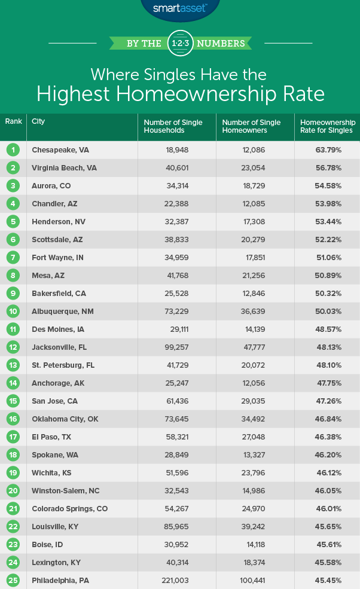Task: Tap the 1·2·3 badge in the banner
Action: coord(180,42)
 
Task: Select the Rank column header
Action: coord(14,121)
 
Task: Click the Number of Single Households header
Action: coord(173,126)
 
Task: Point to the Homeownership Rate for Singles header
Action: coord(326,126)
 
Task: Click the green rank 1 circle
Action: coord(14,149)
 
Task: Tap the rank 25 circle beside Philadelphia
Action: coord(14,580)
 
